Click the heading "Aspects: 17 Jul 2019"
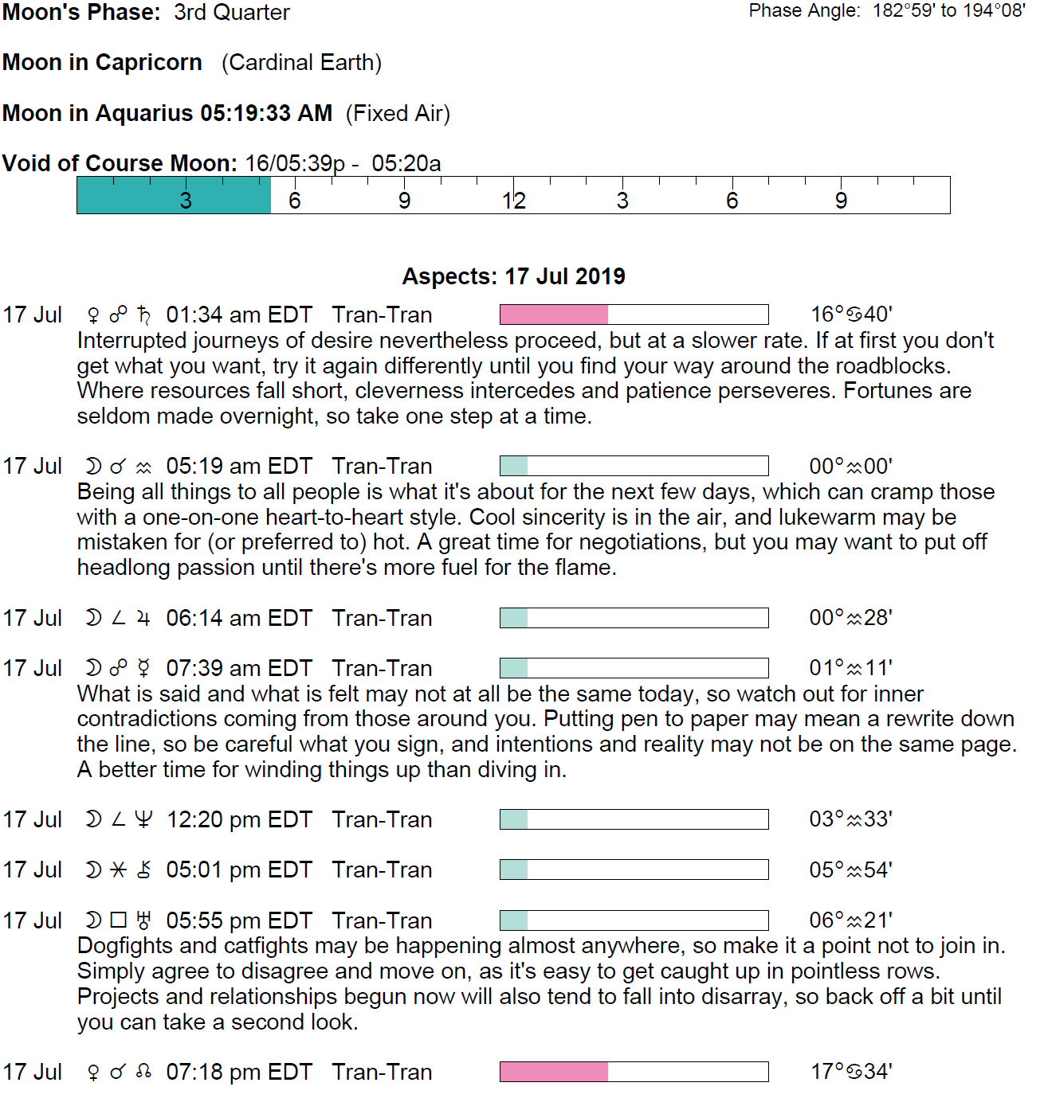(513, 276)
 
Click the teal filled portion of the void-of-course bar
(174, 196)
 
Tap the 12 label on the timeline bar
(514, 201)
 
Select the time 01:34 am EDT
(239, 315)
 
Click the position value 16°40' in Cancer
(851, 315)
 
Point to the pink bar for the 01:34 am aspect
(554, 315)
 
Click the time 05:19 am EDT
(239, 466)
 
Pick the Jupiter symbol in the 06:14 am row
(143, 618)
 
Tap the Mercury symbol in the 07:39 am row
(143, 668)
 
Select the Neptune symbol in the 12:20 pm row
(143, 819)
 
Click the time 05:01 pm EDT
(239, 870)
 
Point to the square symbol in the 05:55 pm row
(119, 920)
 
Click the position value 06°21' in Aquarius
(851, 920)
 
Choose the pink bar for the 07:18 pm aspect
(554, 1072)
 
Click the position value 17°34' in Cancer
(851, 1072)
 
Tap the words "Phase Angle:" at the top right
(804, 10)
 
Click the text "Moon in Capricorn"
(102, 62)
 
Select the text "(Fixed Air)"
(398, 113)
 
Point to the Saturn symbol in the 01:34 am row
(143, 315)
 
